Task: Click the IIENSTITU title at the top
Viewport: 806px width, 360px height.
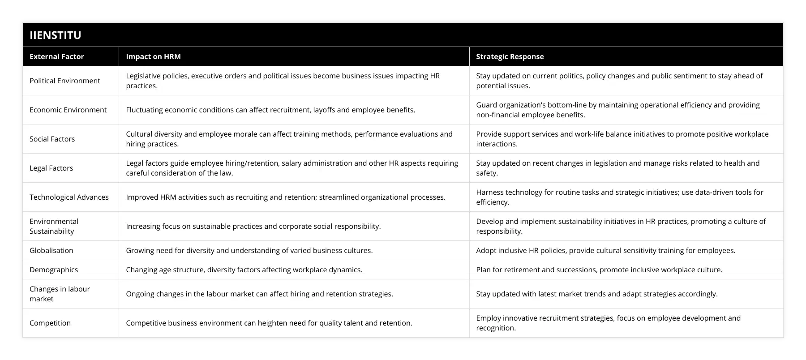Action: tap(55, 35)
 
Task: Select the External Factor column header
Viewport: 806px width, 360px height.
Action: tap(57, 56)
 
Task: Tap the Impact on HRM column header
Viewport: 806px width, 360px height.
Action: tap(153, 56)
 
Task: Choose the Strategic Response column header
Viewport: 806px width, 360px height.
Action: tap(510, 56)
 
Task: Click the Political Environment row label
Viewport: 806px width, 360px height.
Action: tap(65, 81)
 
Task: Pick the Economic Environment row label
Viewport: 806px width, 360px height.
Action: tap(68, 110)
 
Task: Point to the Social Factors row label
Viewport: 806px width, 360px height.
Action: tap(52, 139)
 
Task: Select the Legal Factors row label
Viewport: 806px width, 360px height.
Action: tap(51, 168)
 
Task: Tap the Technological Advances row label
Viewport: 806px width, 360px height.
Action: tap(69, 197)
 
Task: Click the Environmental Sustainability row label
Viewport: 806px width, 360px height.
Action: tap(54, 226)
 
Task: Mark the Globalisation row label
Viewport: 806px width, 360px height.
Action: tap(51, 250)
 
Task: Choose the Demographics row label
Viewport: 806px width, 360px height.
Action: tap(54, 270)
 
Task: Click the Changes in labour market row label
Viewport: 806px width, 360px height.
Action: tap(60, 294)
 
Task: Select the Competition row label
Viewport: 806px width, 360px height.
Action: tap(50, 323)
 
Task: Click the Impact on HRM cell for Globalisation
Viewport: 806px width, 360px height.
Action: tap(249, 250)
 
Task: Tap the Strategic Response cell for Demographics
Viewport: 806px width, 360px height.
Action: tap(599, 270)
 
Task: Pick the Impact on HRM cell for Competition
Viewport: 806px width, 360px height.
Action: tap(269, 323)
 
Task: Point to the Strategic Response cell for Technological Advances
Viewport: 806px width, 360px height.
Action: tap(619, 197)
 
